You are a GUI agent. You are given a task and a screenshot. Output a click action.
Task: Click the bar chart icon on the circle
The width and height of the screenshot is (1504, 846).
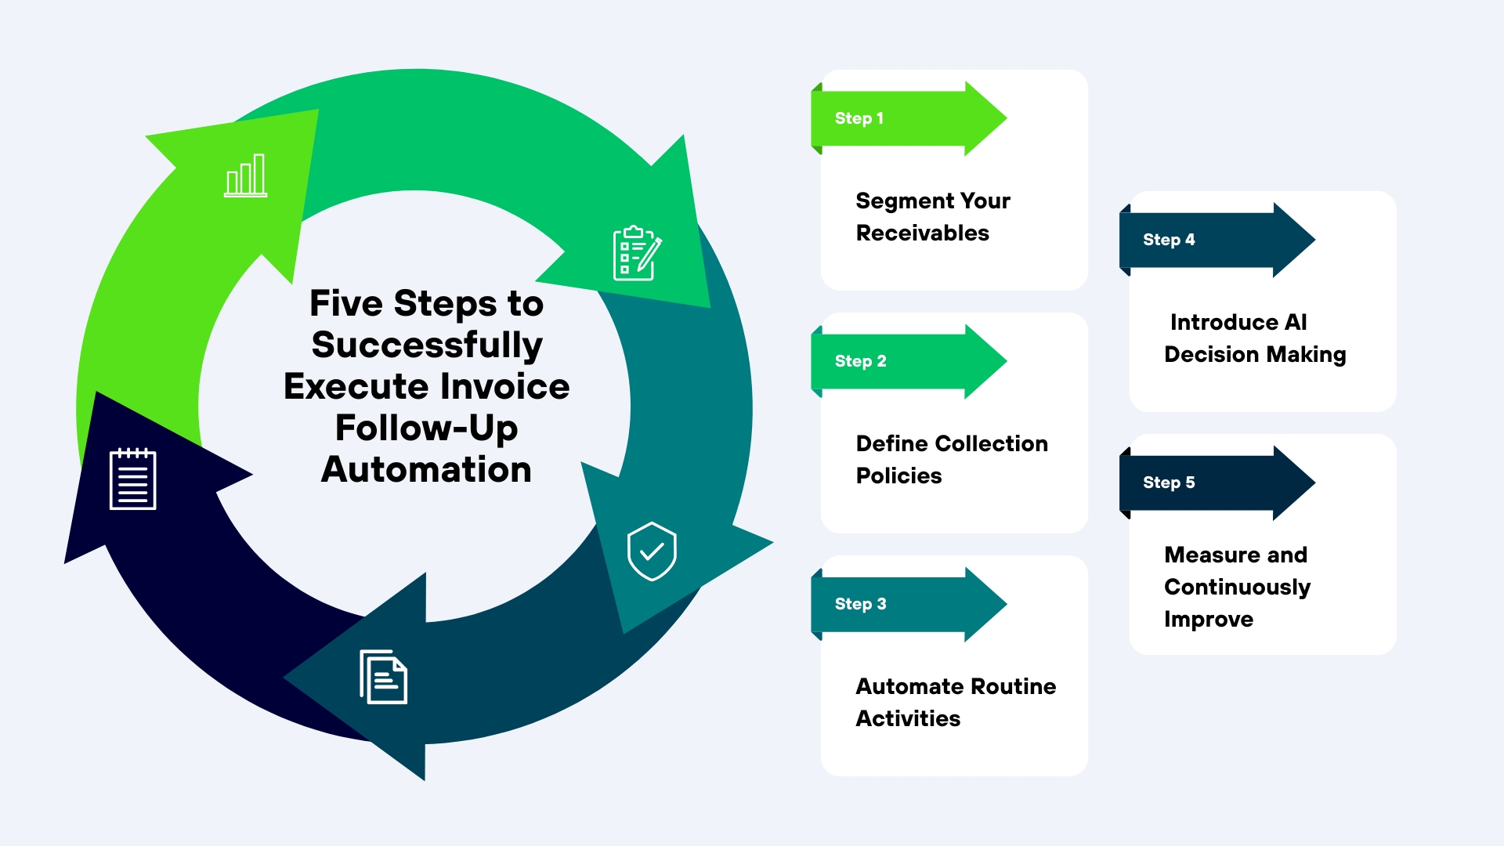coord(245,175)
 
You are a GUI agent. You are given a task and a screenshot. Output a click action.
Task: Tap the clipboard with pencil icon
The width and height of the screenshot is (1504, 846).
coord(637,253)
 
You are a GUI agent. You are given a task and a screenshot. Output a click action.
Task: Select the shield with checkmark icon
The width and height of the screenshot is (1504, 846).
coord(652,551)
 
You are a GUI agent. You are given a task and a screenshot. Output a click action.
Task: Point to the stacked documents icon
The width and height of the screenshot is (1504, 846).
coord(383,677)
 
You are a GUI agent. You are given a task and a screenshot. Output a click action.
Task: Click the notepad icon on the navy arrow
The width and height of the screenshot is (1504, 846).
coord(132,479)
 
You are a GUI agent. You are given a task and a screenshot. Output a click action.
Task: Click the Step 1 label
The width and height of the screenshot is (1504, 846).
coord(859,118)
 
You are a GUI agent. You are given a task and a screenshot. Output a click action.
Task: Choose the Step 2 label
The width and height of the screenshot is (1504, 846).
coord(860,361)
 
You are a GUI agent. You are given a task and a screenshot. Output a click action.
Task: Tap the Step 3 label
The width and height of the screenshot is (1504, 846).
coord(860,604)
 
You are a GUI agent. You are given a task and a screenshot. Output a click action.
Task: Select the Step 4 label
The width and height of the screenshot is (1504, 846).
coord(1169,240)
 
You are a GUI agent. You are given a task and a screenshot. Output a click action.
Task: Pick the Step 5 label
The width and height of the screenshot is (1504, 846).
coord(1169,483)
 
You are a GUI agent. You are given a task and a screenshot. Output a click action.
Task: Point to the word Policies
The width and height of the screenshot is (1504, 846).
coord(898,475)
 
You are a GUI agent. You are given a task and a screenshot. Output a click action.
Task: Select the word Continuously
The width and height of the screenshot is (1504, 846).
coord(1237,587)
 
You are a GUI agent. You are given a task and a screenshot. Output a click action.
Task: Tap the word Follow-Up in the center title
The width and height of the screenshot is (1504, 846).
coord(426,428)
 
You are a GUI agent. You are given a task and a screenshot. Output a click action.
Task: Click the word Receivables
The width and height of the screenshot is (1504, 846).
coord(922,233)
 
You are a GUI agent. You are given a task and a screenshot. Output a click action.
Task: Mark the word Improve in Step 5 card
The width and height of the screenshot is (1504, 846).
coord(1209,620)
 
